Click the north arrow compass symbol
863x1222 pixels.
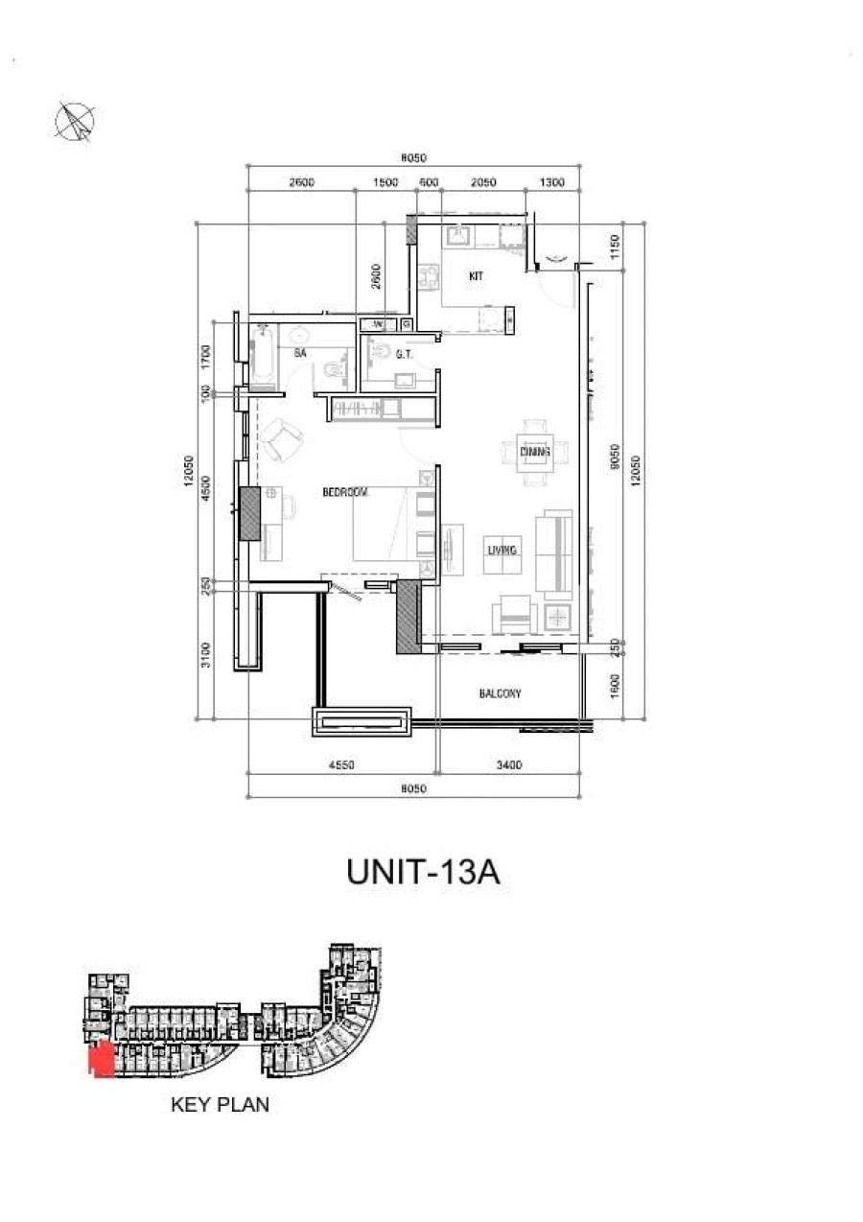coord(76,121)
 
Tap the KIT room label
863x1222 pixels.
coord(476,276)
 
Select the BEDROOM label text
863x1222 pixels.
coord(345,493)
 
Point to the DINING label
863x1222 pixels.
coord(533,452)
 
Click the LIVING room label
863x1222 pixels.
coord(502,551)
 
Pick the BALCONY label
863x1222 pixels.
coord(500,693)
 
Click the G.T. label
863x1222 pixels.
coord(404,355)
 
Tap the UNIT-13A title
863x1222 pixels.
coord(423,874)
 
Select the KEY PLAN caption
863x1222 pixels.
coord(220,1104)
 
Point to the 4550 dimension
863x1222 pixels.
coord(342,765)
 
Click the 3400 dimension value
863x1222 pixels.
coord(509,765)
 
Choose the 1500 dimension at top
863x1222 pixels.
coord(385,182)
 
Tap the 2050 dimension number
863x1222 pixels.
coord(483,182)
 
